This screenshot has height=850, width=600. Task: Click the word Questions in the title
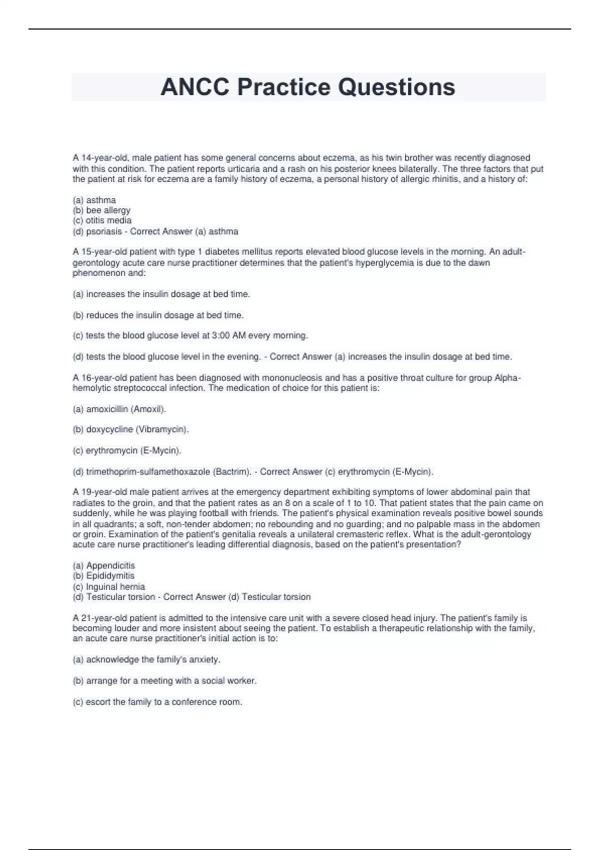coord(396,87)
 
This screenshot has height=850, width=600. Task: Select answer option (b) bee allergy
coord(101,210)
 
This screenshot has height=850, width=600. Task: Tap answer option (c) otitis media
coord(102,220)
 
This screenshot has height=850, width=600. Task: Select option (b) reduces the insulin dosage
coord(158,315)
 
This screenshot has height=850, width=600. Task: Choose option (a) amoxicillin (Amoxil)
coord(119,409)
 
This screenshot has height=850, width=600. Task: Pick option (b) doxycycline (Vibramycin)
coord(130,429)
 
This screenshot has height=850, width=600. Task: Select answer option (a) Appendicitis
coord(104,565)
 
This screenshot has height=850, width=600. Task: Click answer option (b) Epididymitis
coord(103,575)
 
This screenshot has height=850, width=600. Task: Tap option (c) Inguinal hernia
coord(109,586)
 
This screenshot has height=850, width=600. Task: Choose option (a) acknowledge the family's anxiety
coord(146,659)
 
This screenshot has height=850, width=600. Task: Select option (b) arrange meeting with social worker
coord(164,680)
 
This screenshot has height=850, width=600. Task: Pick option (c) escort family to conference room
coord(157,702)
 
